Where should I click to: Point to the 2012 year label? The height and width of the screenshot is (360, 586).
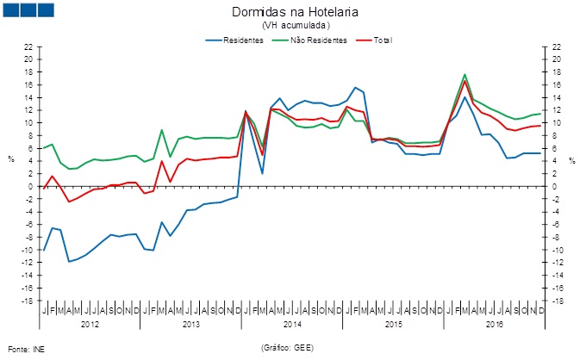(90, 325)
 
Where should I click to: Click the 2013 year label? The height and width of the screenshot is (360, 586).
(190, 325)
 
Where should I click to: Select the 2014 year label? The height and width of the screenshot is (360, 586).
(291, 325)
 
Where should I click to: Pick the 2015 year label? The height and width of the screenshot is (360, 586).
(392, 325)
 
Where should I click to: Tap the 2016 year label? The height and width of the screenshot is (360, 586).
(494, 325)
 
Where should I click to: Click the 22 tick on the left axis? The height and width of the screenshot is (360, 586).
(28, 47)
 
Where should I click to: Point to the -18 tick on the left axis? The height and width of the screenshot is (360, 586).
(27, 301)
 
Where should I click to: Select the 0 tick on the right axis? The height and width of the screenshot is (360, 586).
(557, 186)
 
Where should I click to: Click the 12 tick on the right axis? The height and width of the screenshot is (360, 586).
(558, 110)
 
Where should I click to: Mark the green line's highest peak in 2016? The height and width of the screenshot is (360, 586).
(465, 74)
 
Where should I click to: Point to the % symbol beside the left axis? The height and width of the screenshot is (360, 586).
(10, 159)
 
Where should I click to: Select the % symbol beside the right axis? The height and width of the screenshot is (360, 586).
(575, 159)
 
